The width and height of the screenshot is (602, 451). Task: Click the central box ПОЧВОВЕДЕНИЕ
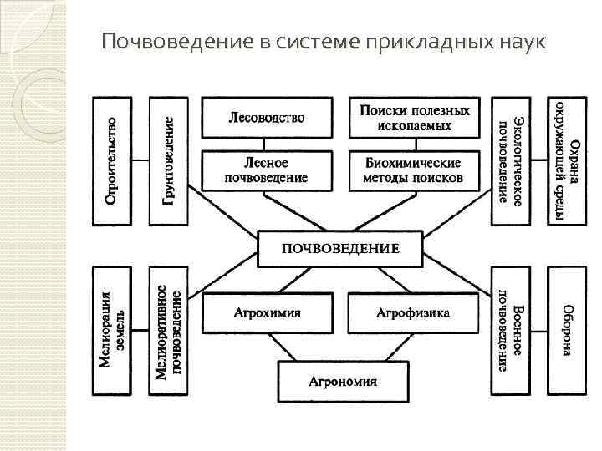tap(340, 247)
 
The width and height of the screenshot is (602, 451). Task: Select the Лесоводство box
tap(267, 118)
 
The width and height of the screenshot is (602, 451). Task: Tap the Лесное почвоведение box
tap(267, 170)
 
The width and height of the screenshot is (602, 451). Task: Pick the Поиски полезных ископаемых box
tap(415, 118)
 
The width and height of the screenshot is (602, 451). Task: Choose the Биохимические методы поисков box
tap(415, 170)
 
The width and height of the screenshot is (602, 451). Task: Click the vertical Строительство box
tap(111, 160)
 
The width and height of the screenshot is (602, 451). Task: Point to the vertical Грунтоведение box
tap(167, 160)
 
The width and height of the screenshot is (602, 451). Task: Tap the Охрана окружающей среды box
tap(566, 160)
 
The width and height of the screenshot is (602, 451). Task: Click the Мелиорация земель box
tap(111, 332)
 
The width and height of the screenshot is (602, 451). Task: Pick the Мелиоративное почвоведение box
tap(167, 332)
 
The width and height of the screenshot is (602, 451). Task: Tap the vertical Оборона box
tap(566, 332)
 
